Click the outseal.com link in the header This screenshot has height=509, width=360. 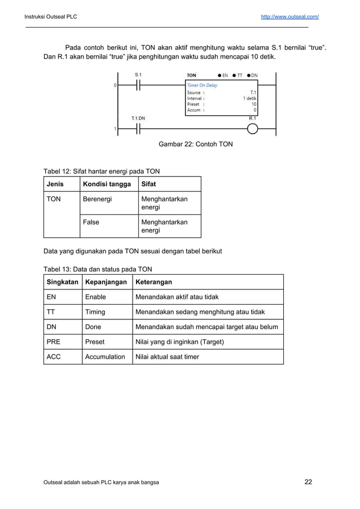click(289, 17)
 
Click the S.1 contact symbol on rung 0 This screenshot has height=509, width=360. click(139, 85)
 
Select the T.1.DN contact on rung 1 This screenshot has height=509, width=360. click(139, 129)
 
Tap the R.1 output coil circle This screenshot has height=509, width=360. click(252, 129)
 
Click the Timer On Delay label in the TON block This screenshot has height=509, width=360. click(202, 86)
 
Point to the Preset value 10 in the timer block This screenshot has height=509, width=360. click(254, 104)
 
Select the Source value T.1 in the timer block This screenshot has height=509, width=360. click(253, 92)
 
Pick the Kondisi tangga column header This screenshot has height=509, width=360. click(107, 184)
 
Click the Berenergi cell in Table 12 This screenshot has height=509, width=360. click(97, 199)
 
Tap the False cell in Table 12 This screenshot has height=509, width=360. click(91, 222)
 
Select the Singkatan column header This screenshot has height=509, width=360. click(62, 282)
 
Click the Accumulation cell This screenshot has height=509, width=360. click(105, 357)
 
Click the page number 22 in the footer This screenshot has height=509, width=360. click(308, 482)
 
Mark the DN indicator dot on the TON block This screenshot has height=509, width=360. click(248, 75)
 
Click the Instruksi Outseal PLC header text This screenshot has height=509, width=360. click(51, 17)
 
